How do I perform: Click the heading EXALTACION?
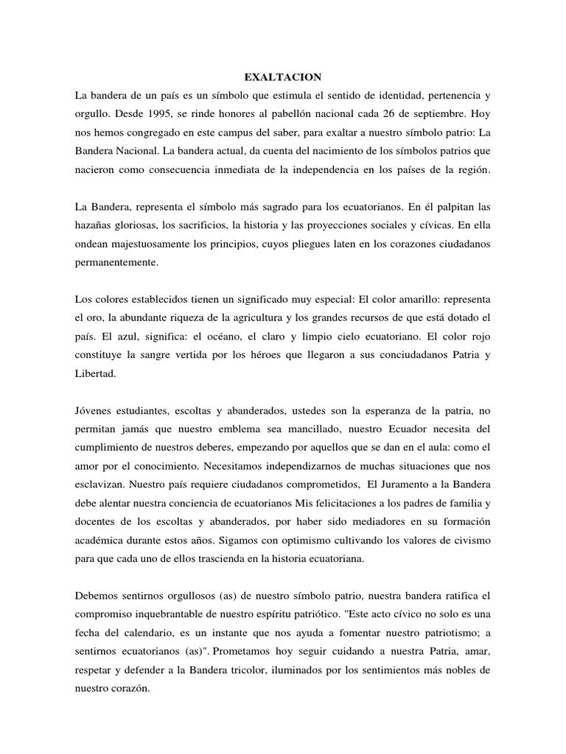click(283, 76)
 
